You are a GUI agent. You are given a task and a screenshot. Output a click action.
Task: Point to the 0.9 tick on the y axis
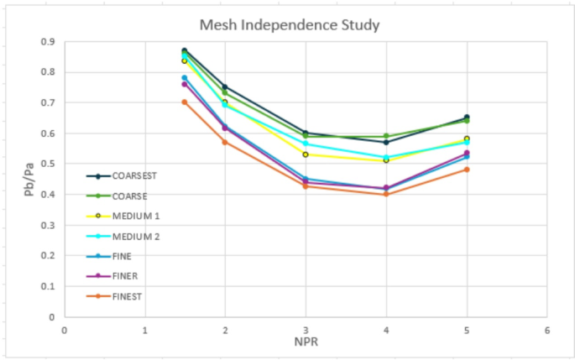tap(48, 41)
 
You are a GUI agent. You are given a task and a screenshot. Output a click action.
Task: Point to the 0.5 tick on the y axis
tap(48, 164)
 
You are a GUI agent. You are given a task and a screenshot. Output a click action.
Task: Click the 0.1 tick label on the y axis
tap(48, 286)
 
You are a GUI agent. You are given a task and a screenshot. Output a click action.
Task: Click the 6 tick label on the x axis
tap(546, 329)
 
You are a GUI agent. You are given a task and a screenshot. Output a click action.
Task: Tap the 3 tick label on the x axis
tap(306, 329)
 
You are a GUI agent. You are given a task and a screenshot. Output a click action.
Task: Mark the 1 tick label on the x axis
tap(145, 329)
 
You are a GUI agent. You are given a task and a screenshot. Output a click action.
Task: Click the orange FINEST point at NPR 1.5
tap(185, 102)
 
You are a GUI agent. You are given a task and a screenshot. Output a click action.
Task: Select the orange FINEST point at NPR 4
tap(386, 195)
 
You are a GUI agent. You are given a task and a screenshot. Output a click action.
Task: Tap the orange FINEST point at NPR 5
tap(467, 170)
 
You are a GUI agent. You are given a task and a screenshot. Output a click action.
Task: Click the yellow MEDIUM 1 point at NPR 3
tap(306, 154)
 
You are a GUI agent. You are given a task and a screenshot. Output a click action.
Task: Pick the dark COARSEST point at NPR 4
tap(386, 142)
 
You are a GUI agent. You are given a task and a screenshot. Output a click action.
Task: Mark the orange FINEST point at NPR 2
tap(225, 142)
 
